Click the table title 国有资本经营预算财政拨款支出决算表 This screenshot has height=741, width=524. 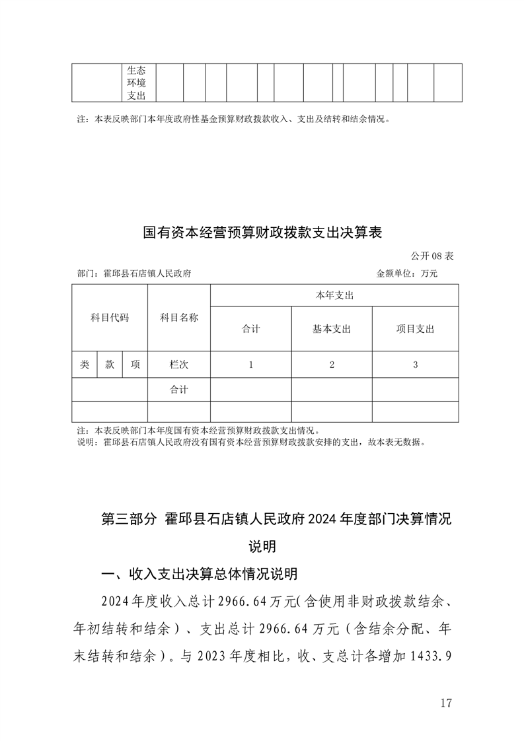pos(262,232)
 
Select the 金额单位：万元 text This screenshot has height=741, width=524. pos(407,273)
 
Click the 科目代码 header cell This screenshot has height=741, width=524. pos(110,318)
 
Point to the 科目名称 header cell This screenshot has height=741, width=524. pos(178,318)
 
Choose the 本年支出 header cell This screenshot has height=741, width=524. pos(334,295)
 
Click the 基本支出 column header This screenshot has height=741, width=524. pos(332,329)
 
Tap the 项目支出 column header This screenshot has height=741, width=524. pos(415,329)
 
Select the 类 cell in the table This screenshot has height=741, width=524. pos(85,364)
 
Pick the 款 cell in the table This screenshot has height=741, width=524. pos(110,364)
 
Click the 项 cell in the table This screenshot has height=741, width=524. pos(135,364)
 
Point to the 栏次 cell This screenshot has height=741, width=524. pos(178,364)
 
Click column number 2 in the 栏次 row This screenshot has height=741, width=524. pos(332,364)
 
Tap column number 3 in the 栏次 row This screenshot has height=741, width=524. pos(415,364)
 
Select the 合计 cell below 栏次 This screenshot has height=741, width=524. pos(178,390)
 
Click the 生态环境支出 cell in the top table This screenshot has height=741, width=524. pos(137,83)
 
